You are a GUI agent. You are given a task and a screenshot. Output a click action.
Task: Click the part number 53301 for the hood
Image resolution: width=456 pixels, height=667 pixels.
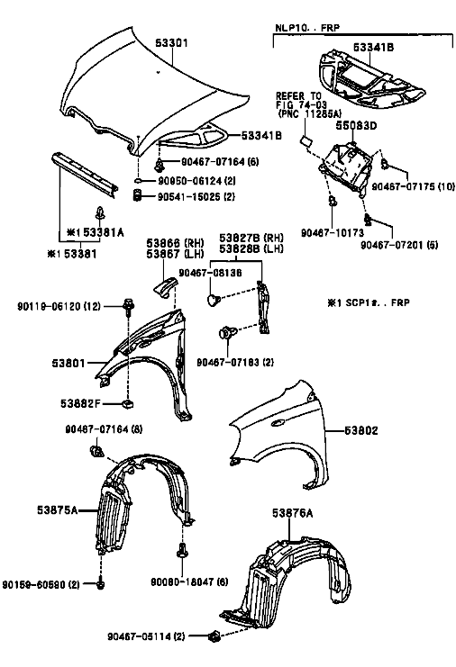(x=171, y=43)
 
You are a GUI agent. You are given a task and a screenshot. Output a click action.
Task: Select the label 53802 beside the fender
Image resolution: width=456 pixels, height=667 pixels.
(x=361, y=430)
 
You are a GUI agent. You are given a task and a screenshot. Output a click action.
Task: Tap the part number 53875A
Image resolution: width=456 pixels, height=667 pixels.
(x=57, y=509)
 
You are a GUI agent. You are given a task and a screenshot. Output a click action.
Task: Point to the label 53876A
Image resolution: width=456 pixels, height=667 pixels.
(x=293, y=513)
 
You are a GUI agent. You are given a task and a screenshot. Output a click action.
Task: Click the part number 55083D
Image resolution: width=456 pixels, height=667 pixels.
(x=356, y=126)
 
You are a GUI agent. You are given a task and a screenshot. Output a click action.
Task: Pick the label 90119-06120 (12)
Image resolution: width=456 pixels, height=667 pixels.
(x=59, y=306)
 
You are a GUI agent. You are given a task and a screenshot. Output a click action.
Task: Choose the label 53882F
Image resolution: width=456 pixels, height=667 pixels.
(x=80, y=403)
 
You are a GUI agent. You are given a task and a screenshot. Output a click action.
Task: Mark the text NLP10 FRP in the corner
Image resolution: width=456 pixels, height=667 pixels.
(x=307, y=28)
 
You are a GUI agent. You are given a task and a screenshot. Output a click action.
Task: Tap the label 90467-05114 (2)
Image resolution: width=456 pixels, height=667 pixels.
(x=147, y=636)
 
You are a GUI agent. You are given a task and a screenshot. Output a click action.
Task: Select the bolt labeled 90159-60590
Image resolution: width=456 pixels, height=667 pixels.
(x=100, y=585)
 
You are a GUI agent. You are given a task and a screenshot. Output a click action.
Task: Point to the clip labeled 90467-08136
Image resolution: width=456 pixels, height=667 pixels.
(x=213, y=300)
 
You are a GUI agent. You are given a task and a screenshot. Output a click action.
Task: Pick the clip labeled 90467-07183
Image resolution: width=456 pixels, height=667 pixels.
(x=225, y=332)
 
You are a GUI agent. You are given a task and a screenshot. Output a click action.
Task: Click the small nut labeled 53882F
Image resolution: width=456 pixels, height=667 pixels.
(x=127, y=403)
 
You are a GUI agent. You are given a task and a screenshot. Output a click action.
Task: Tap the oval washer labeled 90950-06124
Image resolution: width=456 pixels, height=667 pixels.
(x=139, y=182)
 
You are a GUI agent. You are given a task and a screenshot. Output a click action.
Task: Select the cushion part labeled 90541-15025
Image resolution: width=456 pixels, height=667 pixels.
(x=137, y=196)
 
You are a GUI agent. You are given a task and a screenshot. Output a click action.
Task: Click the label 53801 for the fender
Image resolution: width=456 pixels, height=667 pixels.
(x=68, y=364)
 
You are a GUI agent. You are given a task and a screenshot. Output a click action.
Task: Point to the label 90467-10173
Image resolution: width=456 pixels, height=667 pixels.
(x=333, y=232)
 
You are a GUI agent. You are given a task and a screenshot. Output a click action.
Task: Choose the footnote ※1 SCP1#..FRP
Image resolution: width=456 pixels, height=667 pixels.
(x=369, y=302)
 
